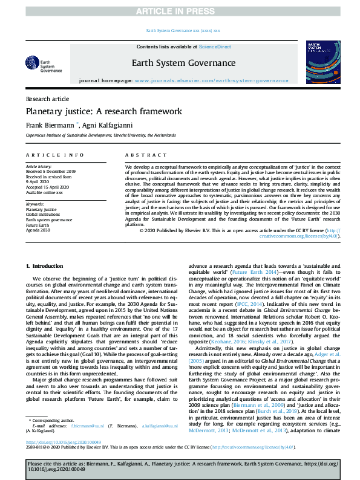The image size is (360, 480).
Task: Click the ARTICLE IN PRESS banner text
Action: (180, 11)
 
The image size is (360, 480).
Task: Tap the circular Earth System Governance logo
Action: (31, 63)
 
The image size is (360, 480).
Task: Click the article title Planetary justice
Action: (103, 111)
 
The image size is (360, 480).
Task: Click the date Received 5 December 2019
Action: (51, 170)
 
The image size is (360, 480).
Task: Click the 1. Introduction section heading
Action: (47, 266)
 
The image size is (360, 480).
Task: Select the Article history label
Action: (39, 166)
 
